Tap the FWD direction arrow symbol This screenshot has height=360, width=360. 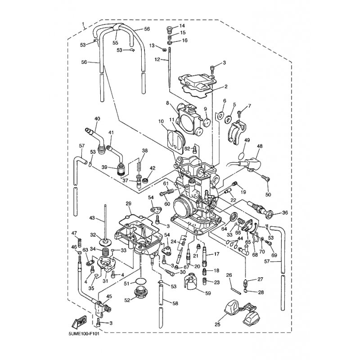coord(80,321)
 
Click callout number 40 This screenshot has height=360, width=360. coord(97,119)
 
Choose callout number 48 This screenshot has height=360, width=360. coord(259,146)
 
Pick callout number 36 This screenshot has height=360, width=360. coord(284,213)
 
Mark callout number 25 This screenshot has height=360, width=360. coord(218,324)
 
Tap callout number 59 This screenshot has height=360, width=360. coord(208,293)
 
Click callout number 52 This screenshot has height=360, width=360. coord(126,300)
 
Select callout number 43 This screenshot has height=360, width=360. coord(92,218)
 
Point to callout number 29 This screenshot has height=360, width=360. coord(128,204)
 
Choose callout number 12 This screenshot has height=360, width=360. coord(157,59)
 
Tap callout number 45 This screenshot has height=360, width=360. coord(108,296)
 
